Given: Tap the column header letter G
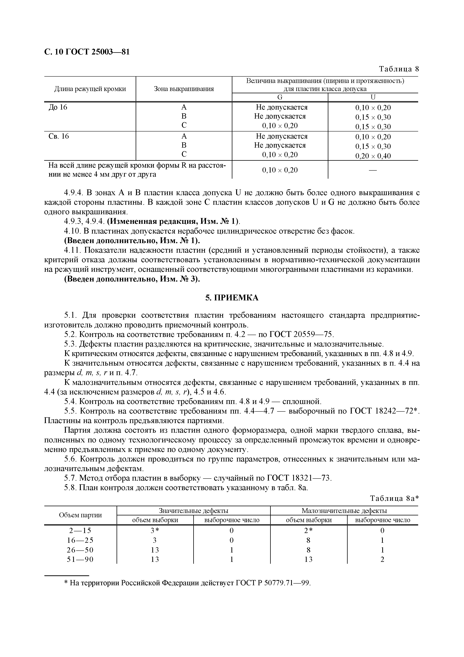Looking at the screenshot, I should click(280, 97).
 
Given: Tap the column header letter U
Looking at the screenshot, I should click(373, 97).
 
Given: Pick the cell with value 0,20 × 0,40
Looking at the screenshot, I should click(373, 156).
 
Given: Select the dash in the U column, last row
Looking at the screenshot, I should click(373, 170).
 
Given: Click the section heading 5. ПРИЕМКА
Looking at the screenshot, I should click(232, 298).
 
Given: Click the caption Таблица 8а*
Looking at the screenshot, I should click(394, 499).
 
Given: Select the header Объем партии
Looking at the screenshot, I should click(80, 515).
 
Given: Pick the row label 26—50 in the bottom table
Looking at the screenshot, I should click(80, 550).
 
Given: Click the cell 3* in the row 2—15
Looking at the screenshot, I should click(155, 531).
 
